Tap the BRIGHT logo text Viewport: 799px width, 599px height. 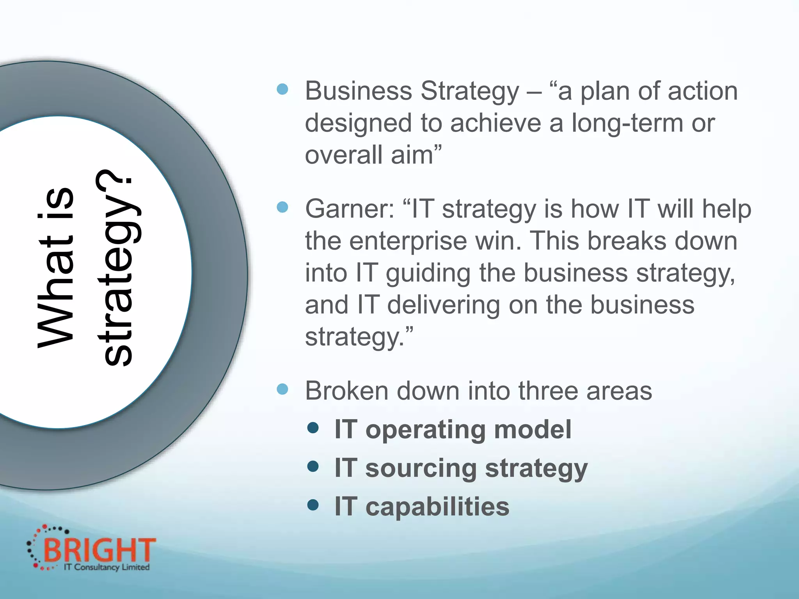pos(99,550)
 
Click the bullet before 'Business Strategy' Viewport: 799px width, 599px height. pos(282,89)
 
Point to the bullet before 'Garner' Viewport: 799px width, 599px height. pos(282,207)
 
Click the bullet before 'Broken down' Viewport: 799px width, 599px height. pos(282,389)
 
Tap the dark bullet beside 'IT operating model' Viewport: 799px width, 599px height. pos(313,428)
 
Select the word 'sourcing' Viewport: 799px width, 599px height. pos(421,468)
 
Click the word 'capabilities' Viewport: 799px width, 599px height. pos(437,507)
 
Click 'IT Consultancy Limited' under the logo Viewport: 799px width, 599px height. pos(107,567)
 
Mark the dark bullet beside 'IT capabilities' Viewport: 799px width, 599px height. pos(313,505)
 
